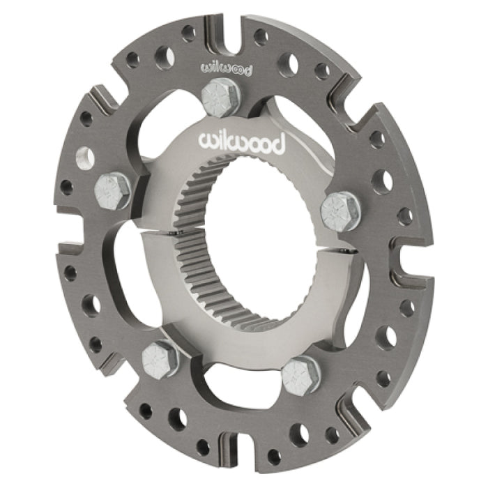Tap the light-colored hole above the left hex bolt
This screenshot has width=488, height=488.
pos(85,158)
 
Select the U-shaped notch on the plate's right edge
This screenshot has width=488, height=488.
pos(403,258)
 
